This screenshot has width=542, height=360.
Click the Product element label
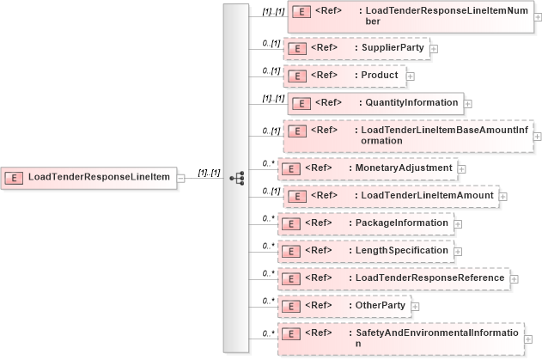(379, 75)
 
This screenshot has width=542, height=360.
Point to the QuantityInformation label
(412, 102)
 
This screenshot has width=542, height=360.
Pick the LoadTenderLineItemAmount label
(428, 195)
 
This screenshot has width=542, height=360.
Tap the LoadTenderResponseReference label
(427, 278)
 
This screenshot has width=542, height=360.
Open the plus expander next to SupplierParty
(433, 48)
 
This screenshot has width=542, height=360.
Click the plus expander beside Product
(410, 76)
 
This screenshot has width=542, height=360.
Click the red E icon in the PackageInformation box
(291, 223)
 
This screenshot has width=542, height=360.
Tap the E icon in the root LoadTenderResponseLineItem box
(15, 178)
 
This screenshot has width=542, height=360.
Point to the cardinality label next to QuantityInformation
(274, 99)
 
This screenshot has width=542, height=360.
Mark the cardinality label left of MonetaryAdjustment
(268, 162)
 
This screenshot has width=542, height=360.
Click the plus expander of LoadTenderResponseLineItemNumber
(538, 16)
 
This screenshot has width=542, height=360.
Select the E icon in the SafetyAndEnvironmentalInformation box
(291, 333)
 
